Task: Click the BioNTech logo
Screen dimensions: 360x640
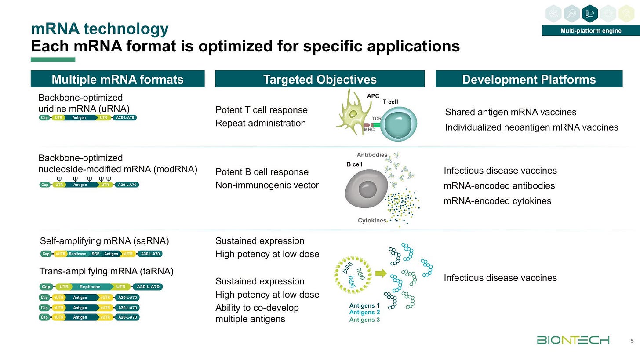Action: (573, 340)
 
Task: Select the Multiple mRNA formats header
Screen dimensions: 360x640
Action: (117, 79)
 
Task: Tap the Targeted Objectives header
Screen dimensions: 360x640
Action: (320, 79)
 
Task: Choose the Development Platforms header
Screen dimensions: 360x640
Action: (529, 79)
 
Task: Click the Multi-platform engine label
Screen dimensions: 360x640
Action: (584, 30)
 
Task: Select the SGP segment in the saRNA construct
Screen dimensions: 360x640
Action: (96, 254)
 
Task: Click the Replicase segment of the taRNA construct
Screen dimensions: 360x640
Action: (90, 287)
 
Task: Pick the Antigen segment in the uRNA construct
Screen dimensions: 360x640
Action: (80, 118)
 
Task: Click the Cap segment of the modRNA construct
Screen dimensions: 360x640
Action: (44, 185)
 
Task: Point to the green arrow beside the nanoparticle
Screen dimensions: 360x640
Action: (381, 273)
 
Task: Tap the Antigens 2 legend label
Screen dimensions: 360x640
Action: (364, 313)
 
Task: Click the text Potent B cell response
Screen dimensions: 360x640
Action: (262, 172)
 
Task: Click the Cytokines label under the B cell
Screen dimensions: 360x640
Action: (372, 220)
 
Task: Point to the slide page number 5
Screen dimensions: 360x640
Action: (632, 341)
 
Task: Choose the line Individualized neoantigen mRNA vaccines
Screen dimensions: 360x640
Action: (531, 127)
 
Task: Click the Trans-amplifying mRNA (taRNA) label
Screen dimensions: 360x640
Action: (106, 271)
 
